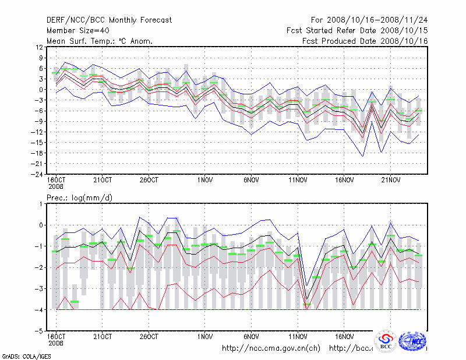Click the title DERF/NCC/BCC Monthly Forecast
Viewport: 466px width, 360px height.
[109, 20]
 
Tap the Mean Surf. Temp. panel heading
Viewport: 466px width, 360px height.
[99, 41]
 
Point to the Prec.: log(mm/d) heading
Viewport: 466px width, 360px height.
[79, 197]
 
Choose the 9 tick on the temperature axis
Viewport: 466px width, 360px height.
[40, 58]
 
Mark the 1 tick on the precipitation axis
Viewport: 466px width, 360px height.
[40, 204]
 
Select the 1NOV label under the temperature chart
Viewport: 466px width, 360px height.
[204, 180]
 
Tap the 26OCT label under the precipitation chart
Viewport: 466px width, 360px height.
[149, 337]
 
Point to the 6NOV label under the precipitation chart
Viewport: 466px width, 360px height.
[251, 337]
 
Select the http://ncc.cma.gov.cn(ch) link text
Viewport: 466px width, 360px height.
[271, 348]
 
